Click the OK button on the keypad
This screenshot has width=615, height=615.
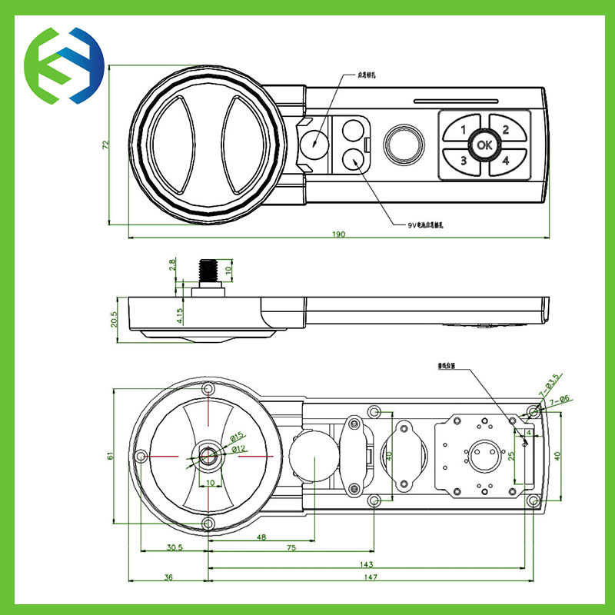click(x=484, y=145)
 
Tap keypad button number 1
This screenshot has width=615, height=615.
click(x=464, y=129)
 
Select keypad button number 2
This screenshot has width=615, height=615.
click(x=505, y=129)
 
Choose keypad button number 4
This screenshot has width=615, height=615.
click(x=505, y=161)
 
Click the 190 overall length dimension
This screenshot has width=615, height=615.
click(x=338, y=234)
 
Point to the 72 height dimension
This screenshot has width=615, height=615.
click(x=106, y=144)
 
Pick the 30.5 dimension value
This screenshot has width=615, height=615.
click(x=174, y=547)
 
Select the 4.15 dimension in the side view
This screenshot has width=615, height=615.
click(x=179, y=316)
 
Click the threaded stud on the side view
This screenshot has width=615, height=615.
click(x=208, y=271)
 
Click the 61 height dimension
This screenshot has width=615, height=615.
click(x=111, y=456)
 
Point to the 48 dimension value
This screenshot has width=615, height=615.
click(x=261, y=537)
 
